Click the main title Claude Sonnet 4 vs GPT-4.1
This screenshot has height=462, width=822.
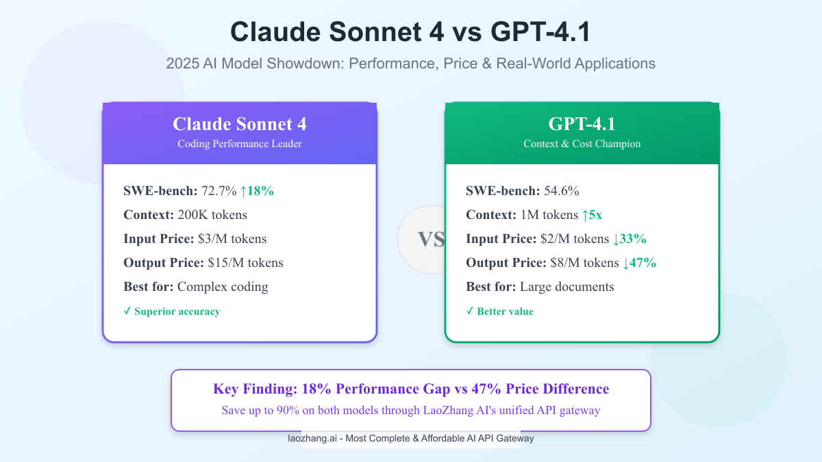click(410, 32)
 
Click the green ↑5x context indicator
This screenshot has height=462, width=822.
click(592, 215)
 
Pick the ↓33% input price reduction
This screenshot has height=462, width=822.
click(630, 239)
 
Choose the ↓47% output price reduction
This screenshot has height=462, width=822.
click(639, 263)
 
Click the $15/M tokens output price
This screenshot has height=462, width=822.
click(245, 263)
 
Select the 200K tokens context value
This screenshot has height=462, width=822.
click(212, 215)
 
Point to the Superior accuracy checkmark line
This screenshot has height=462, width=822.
click(172, 311)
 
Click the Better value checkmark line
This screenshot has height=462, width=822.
click(500, 311)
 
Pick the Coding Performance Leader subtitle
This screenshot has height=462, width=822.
click(240, 144)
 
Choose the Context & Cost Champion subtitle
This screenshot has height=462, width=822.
click(582, 144)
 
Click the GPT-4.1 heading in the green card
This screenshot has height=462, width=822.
click(582, 124)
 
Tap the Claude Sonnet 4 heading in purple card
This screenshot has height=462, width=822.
click(240, 124)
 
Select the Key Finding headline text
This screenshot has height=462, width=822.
click(411, 389)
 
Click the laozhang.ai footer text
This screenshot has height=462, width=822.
click(411, 439)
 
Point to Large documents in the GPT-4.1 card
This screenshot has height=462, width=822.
click(567, 287)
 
